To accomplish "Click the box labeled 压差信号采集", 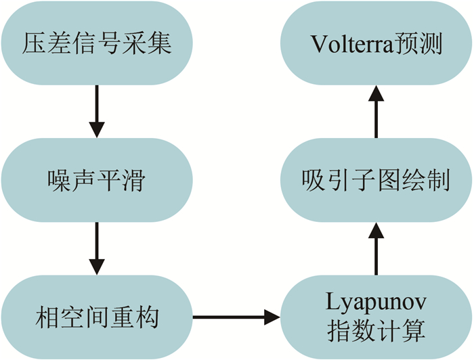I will [x=98, y=43].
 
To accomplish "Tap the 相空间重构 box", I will [x=98, y=316].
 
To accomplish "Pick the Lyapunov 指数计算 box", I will [x=376, y=316].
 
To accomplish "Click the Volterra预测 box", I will [x=376, y=43].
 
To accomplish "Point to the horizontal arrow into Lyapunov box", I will [x=237, y=316].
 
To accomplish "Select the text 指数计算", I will [x=376, y=332].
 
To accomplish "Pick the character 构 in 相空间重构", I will [x=160, y=317].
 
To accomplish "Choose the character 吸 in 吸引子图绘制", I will [x=314, y=181].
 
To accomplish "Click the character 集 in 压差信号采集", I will [x=160, y=44].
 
